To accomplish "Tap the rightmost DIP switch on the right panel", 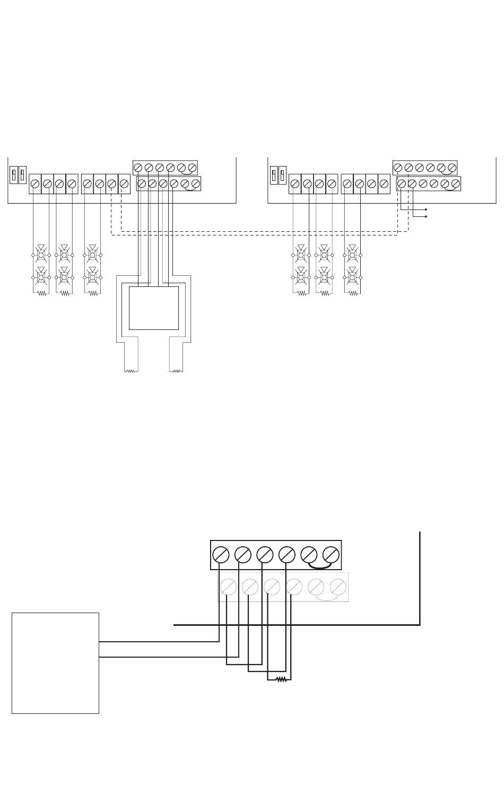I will (x=282, y=174).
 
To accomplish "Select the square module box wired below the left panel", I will (x=154, y=308).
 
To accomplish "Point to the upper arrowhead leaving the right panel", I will (x=426, y=210).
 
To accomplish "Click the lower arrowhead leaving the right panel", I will (x=426, y=216).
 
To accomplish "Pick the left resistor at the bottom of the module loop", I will (x=131, y=371).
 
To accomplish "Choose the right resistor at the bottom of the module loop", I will (x=176, y=371).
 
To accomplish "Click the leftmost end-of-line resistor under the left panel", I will (x=41, y=293).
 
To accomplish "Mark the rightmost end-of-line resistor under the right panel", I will (x=352, y=293).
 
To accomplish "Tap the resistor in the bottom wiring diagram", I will (x=281, y=679).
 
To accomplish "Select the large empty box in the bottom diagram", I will (x=55, y=663).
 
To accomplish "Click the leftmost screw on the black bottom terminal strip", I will (x=220, y=554).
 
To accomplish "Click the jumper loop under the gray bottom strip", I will (x=327, y=598).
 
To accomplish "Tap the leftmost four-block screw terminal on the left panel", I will (x=35, y=184).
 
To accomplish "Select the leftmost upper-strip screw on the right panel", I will (x=398, y=168).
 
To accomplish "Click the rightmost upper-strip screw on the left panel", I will (x=192, y=168).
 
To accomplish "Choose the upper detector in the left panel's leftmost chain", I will (x=41, y=254).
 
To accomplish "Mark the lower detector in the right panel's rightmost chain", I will (x=351, y=276).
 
